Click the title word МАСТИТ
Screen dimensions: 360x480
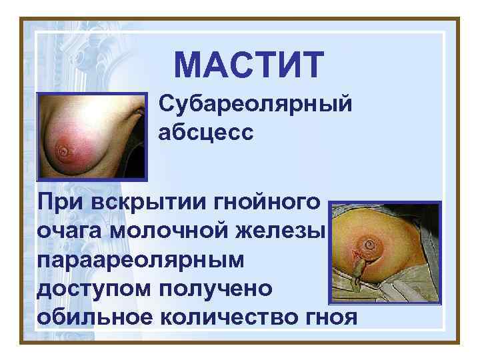pos(249,65)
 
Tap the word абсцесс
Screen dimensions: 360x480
pos(206,133)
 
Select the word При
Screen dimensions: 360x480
pos(59,201)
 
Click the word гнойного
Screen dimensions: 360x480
pos(263,201)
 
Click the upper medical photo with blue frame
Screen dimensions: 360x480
pos(91,137)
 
